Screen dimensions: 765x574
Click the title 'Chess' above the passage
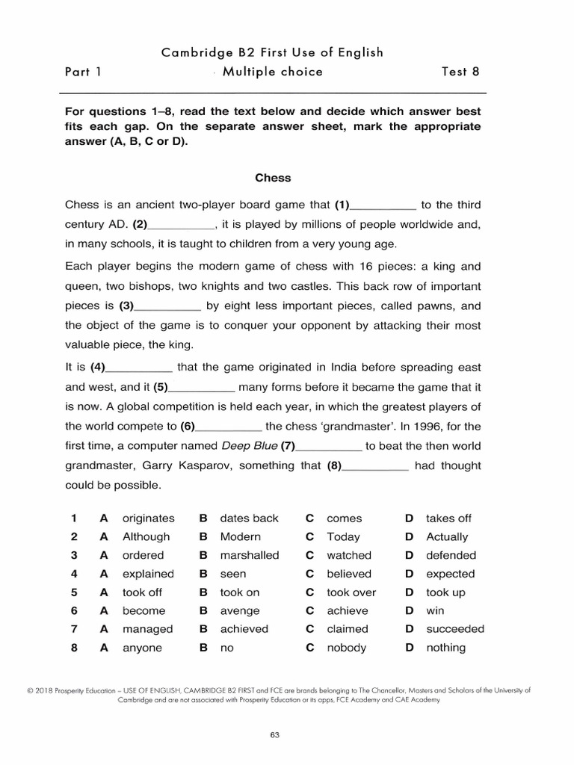(273, 178)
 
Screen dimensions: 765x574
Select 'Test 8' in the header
(460, 72)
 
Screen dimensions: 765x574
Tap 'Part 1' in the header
(83, 72)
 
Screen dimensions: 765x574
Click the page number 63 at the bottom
(274, 735)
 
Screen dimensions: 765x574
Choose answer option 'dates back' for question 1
(249, 518)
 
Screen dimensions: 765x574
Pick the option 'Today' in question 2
(343, 536)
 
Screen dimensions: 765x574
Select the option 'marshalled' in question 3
(249, 555)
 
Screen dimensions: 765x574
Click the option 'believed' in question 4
(349, 574)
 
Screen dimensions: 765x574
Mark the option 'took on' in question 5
(239, 592)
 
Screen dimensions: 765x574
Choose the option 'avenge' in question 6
(238, 610)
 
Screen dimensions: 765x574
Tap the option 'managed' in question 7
(147, 629)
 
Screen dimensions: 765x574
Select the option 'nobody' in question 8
(346, 648)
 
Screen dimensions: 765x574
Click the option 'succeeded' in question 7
(454, 629)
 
